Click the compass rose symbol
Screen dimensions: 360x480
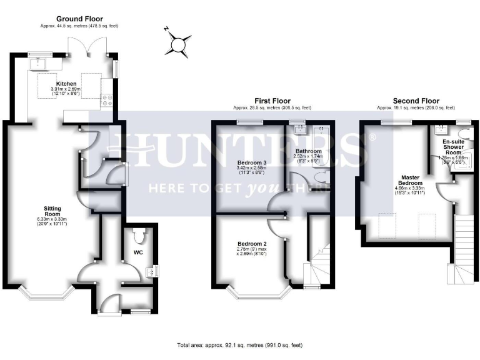pyautogui.click(x=180, y=44)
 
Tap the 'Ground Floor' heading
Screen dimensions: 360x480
pyautogui.click(x=80, y=19)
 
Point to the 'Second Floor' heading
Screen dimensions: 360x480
pyautogui.click(x=416, y=101)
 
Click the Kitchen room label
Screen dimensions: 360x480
pyautogui.click(x=66, y=83)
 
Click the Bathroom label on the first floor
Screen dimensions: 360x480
pyautogui.click(x=309, y=151)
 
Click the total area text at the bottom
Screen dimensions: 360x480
pyautogui.click(x=239, y=344)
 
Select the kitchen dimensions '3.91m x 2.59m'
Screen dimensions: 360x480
pyautogui.click(x=66, y=90)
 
